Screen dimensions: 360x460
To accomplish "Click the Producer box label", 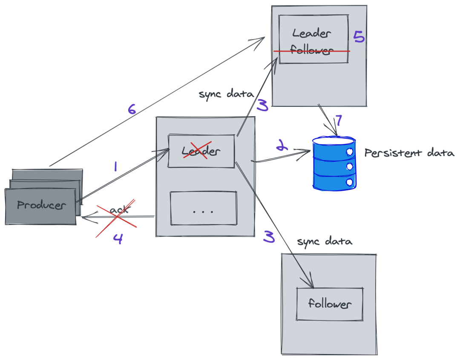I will pos(41,205).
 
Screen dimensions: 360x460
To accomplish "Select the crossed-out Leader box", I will pos(201,151).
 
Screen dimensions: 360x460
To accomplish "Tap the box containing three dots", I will pos(203,209).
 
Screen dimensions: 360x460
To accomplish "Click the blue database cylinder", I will pos(333,163).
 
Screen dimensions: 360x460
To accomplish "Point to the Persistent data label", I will pos(409,153).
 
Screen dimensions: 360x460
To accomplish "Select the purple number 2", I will pos(281,147).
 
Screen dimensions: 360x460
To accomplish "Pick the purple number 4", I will pos(118,239).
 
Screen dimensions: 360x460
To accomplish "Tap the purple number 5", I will pos(359,37).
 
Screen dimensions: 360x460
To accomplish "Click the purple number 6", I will pos(132,109).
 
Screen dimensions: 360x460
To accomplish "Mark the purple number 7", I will pos(338,121).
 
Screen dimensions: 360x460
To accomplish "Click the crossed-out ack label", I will pos(118,211).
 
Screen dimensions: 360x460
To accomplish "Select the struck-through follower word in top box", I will pos(312,51).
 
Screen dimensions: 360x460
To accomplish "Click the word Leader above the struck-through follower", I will pos(312,33).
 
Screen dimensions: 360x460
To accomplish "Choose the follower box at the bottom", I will pos(330,304).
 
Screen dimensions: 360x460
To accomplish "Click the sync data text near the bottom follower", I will pos(325,242).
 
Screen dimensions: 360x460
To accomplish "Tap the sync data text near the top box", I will pos(226,94).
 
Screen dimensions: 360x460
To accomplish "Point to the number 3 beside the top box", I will pos(263,104).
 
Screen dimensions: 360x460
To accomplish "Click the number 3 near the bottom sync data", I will pos(269,237).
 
